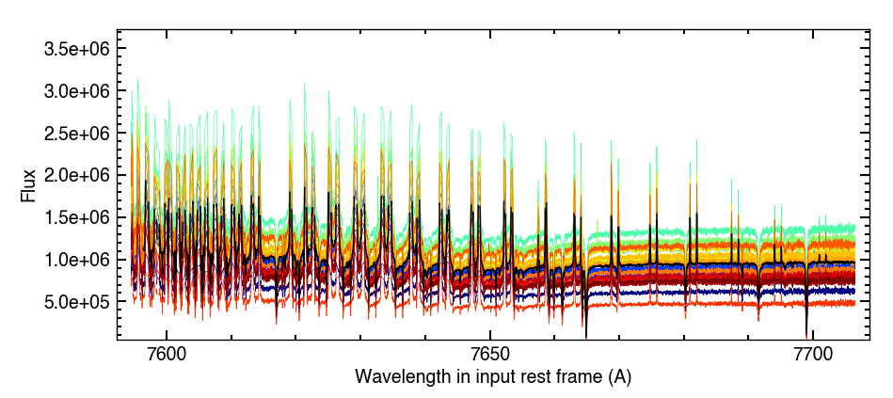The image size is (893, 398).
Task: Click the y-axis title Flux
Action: tap(28, 185)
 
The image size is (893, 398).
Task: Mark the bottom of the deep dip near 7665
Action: tap(585, 336)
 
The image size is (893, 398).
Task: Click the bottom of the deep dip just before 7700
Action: tap(806, 332)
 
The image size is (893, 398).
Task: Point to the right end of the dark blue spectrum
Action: tap(854, 291)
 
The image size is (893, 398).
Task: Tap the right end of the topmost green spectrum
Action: tap(854, 227)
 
